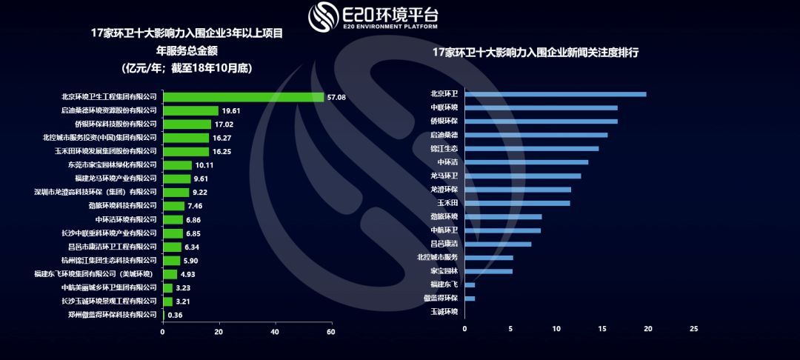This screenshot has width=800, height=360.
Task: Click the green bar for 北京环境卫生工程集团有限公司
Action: (x=243, y=97)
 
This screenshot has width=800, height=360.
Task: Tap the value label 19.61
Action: (x=232, y=110)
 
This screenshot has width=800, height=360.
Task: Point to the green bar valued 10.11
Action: (x=177, y=164)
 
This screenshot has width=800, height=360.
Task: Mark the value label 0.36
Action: (x=176, y=315)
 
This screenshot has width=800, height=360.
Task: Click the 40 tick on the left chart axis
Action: (x=275, y=331)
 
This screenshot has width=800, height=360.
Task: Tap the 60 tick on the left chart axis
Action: (x=330, y=331)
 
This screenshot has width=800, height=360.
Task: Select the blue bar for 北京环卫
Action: (x=555, y=94)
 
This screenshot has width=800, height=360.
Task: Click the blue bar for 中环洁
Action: (x=526, y=161)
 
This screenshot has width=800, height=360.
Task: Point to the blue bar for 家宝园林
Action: (x=488, y=271)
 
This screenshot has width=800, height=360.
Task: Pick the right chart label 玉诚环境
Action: (x=444, y=312)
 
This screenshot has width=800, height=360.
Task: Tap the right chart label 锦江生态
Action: (x=444, y=148)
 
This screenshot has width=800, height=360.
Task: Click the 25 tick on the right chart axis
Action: (x=694, y=327)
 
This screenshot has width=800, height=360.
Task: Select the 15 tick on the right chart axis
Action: (x=602, y=327)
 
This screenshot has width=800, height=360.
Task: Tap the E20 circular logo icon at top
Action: (x=323, y=16)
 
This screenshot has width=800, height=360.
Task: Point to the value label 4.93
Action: (x=188, y=274)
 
